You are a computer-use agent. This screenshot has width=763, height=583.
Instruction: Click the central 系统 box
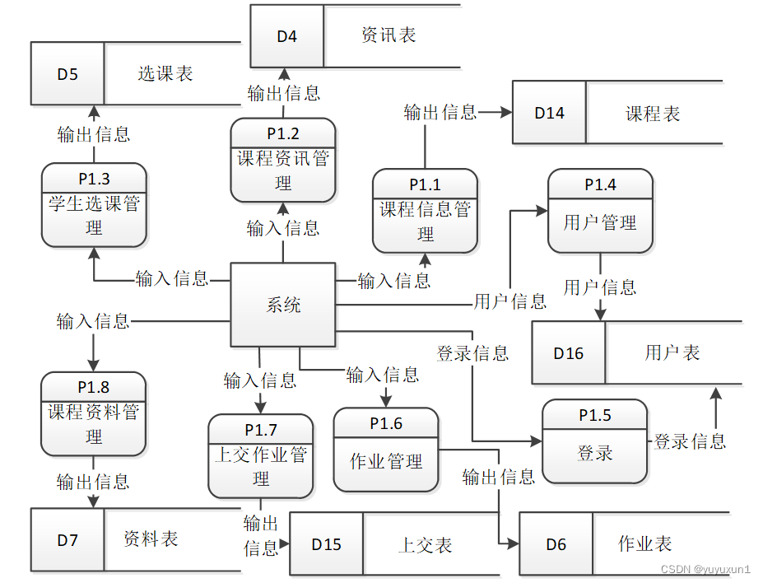(x=283, y=305)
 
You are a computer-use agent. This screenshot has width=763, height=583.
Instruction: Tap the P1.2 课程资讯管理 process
(x=283, y=160)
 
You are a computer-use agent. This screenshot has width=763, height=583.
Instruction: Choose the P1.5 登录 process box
(x=594, y=441)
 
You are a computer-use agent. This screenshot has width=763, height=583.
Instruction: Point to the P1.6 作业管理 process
(x=386, y=450)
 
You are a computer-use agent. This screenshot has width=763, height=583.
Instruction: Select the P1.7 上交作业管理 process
(x=261, y=456)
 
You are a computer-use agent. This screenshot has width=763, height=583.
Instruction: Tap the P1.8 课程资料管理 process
(x=94, y=413)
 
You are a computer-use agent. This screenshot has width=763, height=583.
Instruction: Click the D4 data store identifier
(x=286, y=36)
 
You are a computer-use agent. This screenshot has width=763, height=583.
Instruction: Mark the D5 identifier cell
(x=67, y=74)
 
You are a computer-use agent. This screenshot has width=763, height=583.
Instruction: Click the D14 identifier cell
(x=549, y=113)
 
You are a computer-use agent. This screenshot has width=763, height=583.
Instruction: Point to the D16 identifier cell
(x=568, y=352)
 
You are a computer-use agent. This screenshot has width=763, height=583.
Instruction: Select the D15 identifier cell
(x=326, y=544)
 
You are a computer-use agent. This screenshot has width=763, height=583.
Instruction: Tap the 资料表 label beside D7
(x=151, y=539)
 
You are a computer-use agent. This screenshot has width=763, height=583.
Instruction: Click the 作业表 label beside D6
(x=645, y=543)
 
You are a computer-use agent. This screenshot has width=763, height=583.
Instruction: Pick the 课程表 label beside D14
(x=653, y=113)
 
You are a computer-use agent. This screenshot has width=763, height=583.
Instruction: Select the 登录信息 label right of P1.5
(x=690, y=441)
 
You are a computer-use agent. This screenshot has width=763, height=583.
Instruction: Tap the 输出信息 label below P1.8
(x=93, y=481)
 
